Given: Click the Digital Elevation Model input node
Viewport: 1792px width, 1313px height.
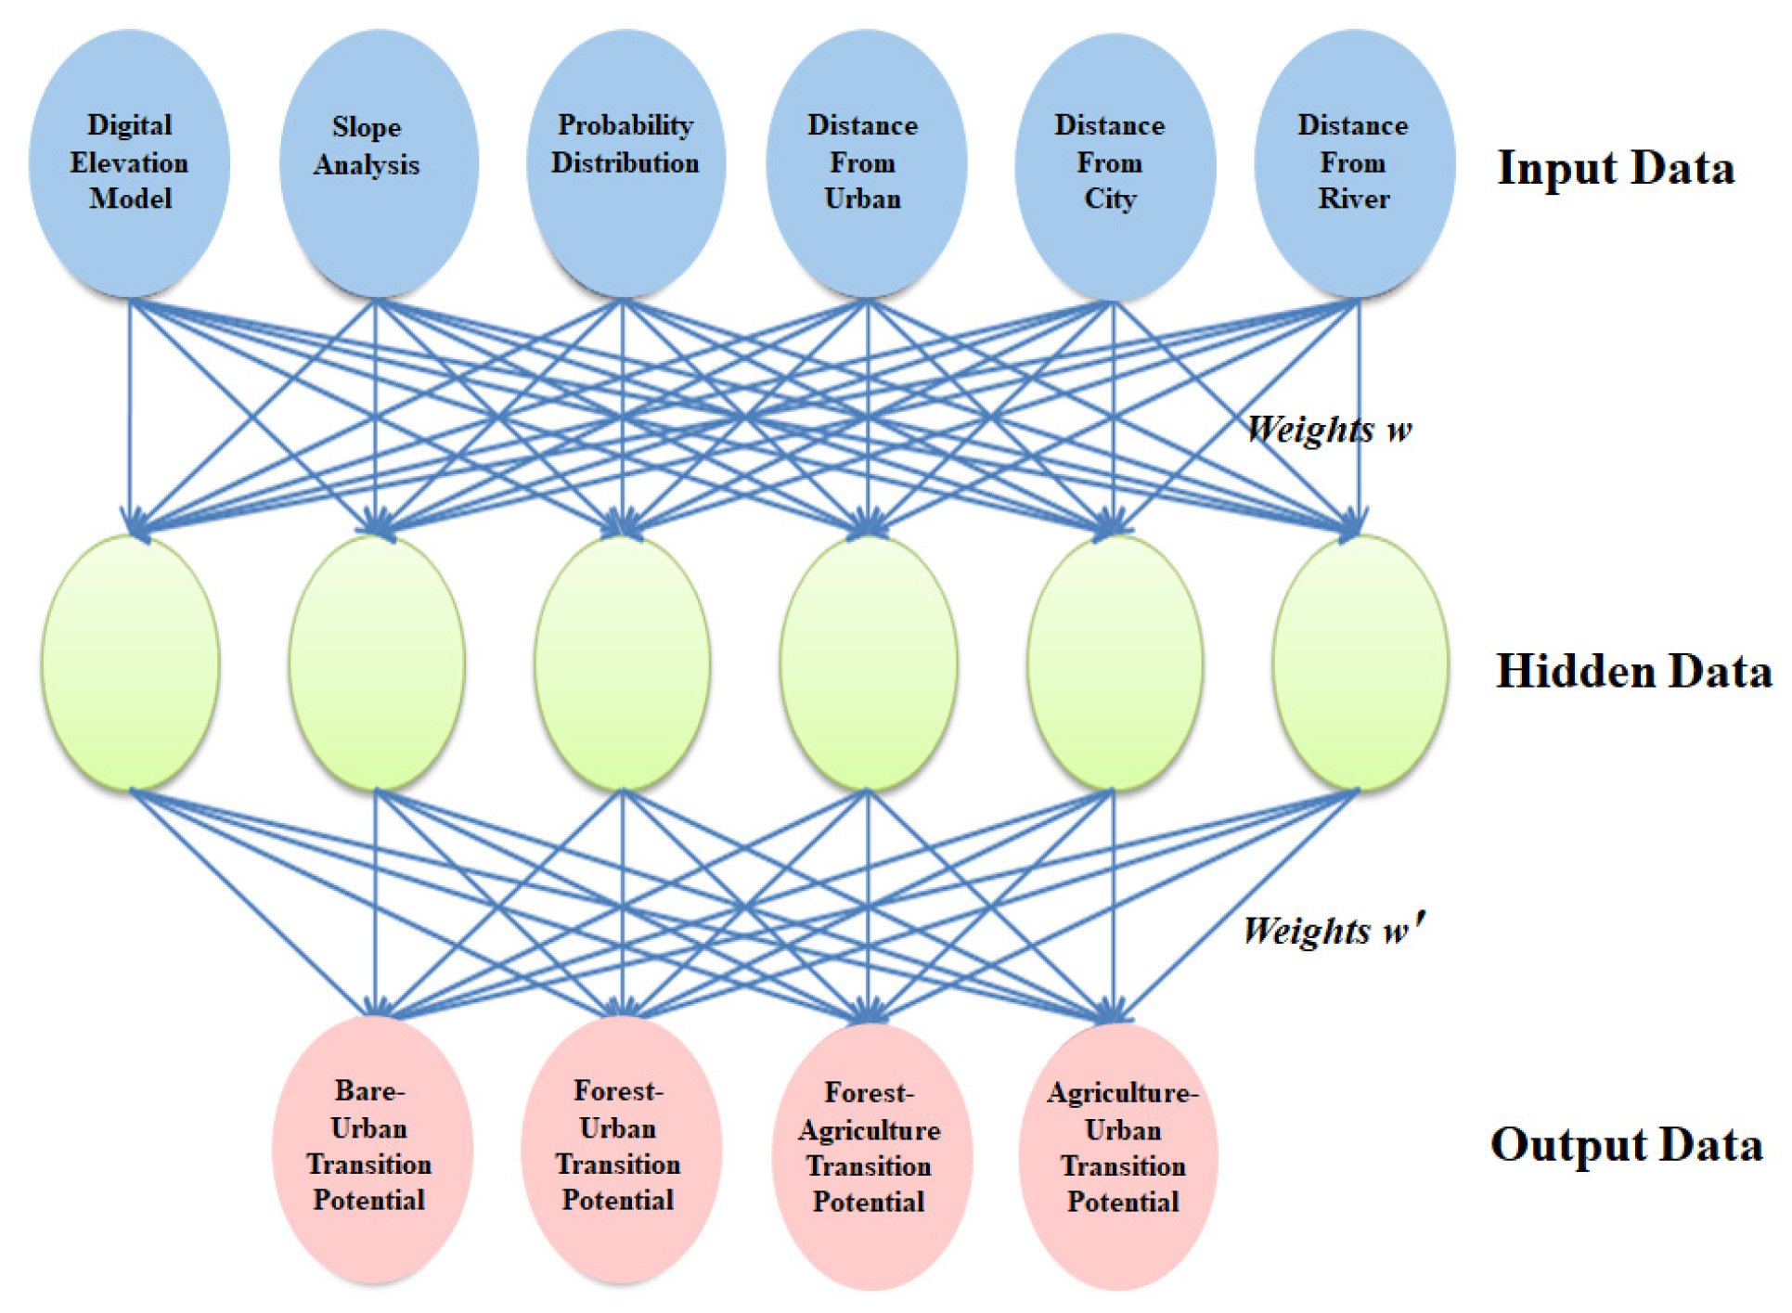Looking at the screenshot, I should tap(129, 162).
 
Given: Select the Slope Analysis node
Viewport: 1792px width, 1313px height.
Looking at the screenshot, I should tap(378, 162).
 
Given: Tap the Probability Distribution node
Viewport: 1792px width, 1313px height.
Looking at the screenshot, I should tap(625, 162).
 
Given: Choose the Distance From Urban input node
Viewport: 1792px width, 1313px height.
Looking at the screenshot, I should tap(866, 162).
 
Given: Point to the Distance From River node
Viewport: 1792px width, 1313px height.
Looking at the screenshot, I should tap(1354, 162).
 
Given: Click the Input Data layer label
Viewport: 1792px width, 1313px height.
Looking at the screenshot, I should tap(1615, 169).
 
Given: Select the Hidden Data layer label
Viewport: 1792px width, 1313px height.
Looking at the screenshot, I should tap(1633, 671).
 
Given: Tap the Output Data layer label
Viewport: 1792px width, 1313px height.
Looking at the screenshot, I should tap(1626, 1144).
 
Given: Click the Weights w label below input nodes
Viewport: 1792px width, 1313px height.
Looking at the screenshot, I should tap(1328, 430).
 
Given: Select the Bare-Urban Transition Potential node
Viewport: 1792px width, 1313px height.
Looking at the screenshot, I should tap(372, 1149).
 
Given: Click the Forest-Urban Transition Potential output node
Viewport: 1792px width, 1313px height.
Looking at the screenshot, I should tap(621, 1149).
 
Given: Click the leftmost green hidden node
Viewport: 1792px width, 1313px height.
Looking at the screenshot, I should tap(130, 663).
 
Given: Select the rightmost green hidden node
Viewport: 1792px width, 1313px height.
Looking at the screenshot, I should tap(1360, 663).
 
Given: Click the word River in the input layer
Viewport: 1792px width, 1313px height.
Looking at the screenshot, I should tap(1354, 199).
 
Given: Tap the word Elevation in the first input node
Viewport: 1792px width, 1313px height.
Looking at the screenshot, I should tap(129, 163).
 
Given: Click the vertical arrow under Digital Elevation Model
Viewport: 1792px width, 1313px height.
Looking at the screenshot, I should tap(129, 408).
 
